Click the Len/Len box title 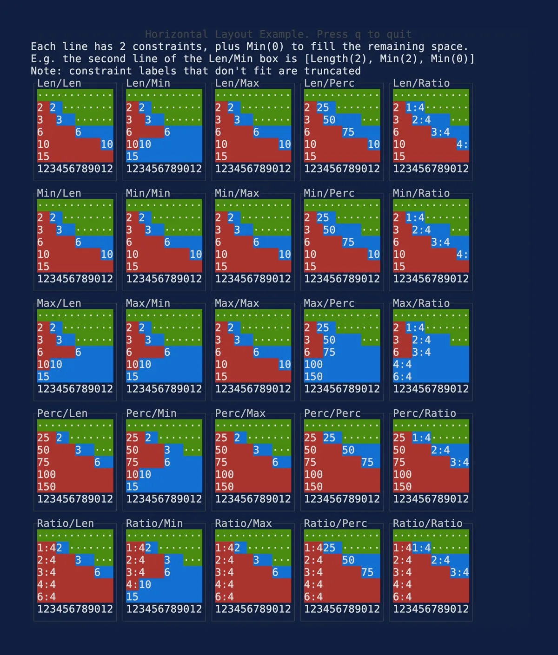click(59, 83)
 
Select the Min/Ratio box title click(421, 193)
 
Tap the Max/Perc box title click(329, 303)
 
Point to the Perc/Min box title click(151, 413)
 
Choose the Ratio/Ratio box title click(427, 524)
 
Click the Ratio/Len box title click(65, 524)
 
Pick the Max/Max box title click(237, 303)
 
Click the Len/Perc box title click(329, 83)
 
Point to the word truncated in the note click(332, 71)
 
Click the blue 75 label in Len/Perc click(348, 132)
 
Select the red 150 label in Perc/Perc click(313, 487)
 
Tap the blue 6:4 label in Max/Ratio click(402, 377)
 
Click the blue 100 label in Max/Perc click(313, 365)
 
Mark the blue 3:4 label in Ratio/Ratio click(459, 572)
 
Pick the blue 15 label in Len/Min click(133, 157)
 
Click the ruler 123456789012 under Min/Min click(164, 279)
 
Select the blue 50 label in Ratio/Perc click(348, 560)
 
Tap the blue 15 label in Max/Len click(43, 377)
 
